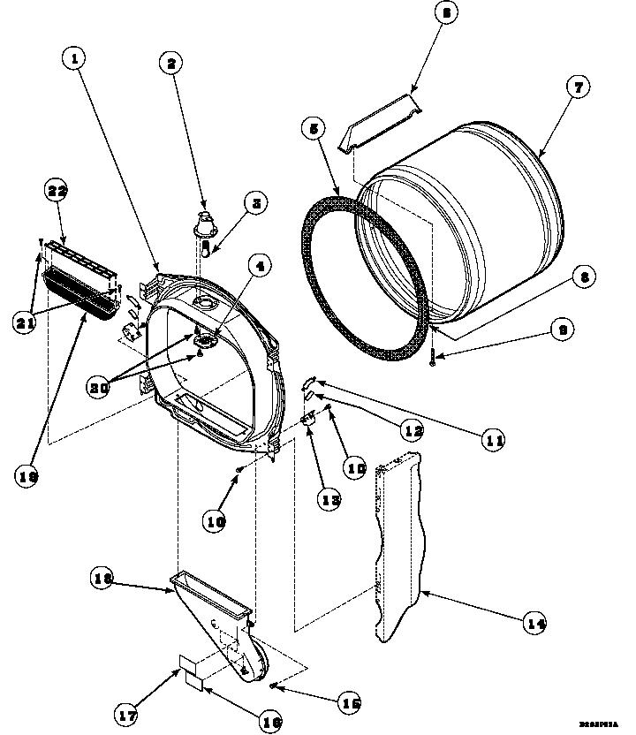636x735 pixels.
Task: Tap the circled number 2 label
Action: click(171, 62)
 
